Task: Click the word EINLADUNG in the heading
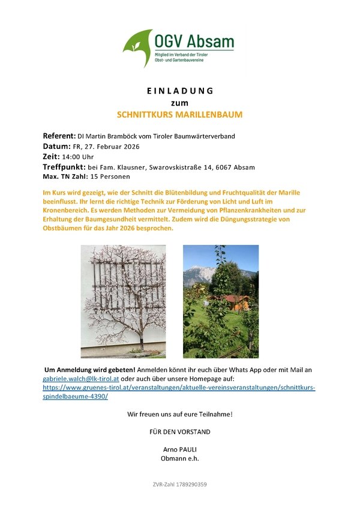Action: tap(180, 91)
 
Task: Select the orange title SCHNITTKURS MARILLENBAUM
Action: tap(180, 113)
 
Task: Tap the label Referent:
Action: tap(59, 135)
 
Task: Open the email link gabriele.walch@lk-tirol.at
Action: tap(80, 379)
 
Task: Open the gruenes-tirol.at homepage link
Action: tap(179, 388)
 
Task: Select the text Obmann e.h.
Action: tap(179, 458)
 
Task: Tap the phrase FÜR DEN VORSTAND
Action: tap(179, 432)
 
